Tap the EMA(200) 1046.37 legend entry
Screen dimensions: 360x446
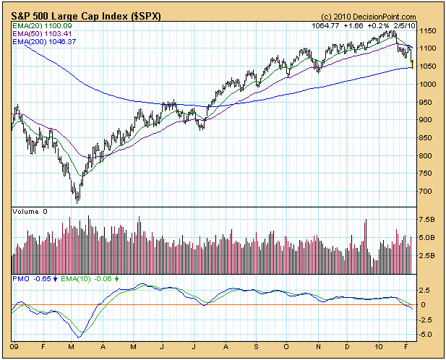coord(44,42)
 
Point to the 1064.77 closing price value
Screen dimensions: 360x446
coord(322,25)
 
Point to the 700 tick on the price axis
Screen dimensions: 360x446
coord(426,192)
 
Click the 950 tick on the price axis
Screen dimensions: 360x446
coord(426,103)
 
